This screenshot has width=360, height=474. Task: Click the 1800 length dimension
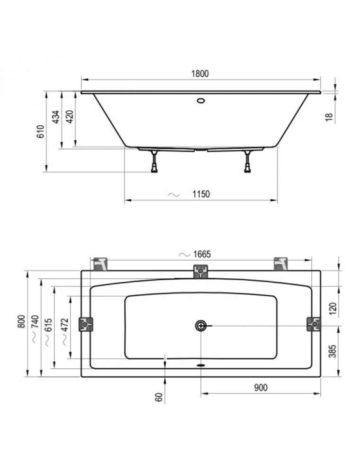pyautogui.click(x=200, y=74)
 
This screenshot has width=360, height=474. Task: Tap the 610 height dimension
pyautogui.click(x=40, y=131)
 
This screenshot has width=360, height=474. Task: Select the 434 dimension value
pyautogui.click(x=56, y=117)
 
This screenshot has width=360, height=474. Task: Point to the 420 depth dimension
pyautogui.click(x=70, y=117)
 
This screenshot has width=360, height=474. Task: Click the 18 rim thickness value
pyautogui.click(x=329, y=117)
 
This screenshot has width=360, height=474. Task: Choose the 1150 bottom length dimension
pyautogui.click(x=201, y=194)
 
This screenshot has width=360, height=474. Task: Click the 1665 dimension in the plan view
pyautogui.click(x=202, y=254)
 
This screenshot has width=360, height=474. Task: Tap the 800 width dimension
pyautogui.click(x=21, y=322)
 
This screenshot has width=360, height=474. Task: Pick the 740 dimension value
pyautogui.click(x=35, y=322)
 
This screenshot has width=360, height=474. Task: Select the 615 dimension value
pyautogui.click(x=49, y=325)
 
